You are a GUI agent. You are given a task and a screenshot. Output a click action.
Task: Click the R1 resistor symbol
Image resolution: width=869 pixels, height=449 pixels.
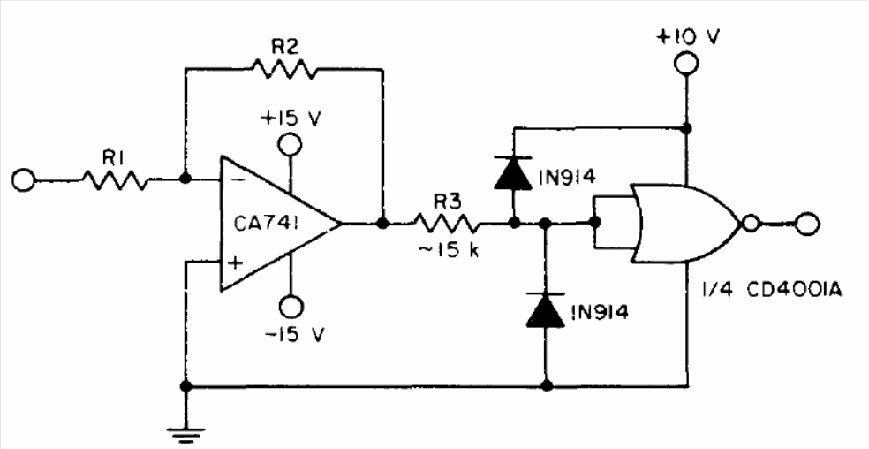pos(117,180)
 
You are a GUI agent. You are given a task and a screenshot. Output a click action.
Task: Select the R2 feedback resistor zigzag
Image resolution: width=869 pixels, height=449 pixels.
pos(285,69)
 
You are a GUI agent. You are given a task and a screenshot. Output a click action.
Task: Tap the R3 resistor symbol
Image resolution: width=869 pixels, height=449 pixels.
pos(446,224)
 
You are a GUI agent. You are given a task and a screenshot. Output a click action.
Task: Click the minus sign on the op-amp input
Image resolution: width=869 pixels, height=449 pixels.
pos(234,178)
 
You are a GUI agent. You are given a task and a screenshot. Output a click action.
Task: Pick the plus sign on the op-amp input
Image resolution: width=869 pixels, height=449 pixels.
pos(235,263)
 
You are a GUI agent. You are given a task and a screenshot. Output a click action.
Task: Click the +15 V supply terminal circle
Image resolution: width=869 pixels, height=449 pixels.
pos(291,145)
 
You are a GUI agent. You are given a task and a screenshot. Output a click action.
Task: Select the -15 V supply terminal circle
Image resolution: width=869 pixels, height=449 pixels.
pos(291,306)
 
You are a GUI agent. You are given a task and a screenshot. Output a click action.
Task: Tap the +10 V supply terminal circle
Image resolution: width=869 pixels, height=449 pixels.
pos(687,63)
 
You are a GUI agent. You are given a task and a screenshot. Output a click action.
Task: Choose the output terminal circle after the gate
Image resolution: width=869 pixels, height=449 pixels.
pos(807,224)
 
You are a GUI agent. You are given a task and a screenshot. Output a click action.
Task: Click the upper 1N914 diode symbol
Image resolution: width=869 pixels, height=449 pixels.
pos(514,174)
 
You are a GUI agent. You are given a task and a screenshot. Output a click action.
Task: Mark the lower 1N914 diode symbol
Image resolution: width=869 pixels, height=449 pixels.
pos(546,309)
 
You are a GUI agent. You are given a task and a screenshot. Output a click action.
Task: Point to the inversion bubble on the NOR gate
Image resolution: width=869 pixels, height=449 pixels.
pos(750,224)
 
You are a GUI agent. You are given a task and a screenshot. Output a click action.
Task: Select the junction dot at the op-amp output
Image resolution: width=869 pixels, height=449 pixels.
pos(382,224)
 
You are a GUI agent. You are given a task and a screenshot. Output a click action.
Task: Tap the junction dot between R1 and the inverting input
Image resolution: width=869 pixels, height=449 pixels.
pos(186,179)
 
